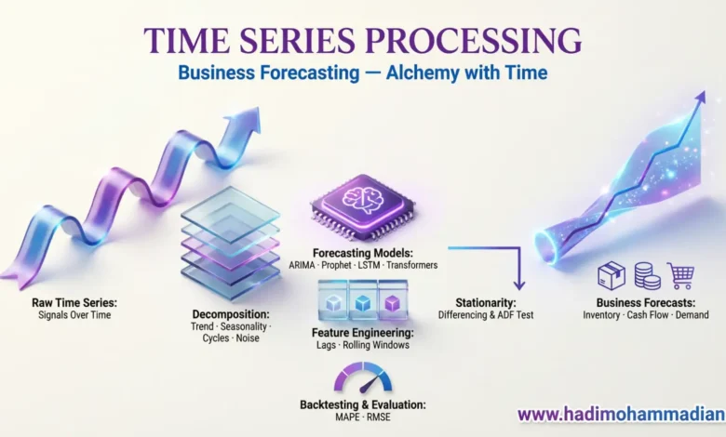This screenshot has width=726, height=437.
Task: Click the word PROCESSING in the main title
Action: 473,40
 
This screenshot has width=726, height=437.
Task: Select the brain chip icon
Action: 363,206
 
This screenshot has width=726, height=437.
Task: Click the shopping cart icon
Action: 680,275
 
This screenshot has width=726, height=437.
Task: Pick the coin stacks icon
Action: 647,275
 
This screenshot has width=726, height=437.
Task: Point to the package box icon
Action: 612,275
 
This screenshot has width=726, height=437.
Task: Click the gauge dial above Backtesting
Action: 363,377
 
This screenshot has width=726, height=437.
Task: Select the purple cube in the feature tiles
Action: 392,303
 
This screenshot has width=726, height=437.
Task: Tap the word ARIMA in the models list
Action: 302,265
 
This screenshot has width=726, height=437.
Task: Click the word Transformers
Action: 412,265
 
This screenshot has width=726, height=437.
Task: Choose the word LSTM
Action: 369,265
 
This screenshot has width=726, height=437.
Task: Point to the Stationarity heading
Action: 486,303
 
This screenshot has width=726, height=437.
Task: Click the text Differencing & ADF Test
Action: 486,315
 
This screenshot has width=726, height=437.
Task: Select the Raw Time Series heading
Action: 74,303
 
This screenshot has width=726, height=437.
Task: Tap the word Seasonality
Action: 244,326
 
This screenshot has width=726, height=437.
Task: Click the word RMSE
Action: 379,417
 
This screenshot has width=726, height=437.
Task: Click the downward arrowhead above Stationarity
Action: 519,284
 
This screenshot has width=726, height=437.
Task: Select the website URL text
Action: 622,415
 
